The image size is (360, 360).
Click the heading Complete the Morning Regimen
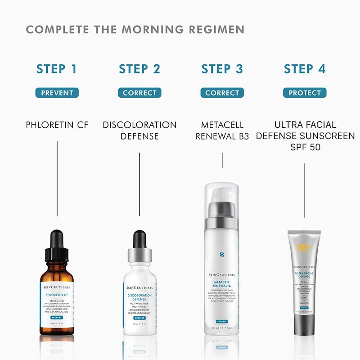(x=135, y=30)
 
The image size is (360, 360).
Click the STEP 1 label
(x=57, y=69)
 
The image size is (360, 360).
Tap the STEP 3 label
(x=222, y=69)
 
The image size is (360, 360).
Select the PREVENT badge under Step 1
(x=57, y=93)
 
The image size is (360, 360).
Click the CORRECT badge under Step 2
(x=139, y=93)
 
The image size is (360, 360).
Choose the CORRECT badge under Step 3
(x=222, y=93)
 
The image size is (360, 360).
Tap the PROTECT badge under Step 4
(x=305, y=93)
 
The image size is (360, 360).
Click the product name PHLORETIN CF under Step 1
(x=57, y=125)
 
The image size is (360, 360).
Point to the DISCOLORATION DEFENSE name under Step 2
(x=139, y=130)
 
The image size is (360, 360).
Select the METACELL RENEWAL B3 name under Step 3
(x=222, y=130)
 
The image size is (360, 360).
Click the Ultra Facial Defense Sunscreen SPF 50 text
(x=305, y=135)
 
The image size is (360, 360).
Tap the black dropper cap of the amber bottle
(x=57, y=246)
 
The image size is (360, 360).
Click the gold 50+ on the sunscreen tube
(x=304, y=248)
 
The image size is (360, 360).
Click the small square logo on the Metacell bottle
(x=222, y=255)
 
